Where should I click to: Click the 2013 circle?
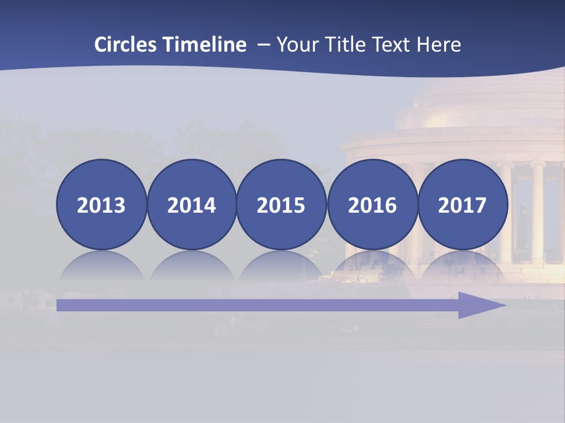coord(101,204)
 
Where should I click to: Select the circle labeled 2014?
coord(192,204)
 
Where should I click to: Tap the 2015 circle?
coord(281,204)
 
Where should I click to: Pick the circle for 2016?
coord(373,204)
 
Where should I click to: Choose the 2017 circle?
coord(463,204)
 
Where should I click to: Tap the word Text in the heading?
coord(393,45)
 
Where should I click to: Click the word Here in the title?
coord(439,45)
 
